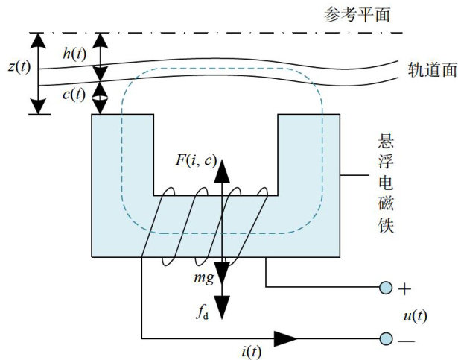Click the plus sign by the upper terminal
(x=406, y=288)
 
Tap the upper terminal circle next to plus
(x=385, y=288)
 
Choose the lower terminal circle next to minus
(x=385, y=338)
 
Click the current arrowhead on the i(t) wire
(x=285, y=338)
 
